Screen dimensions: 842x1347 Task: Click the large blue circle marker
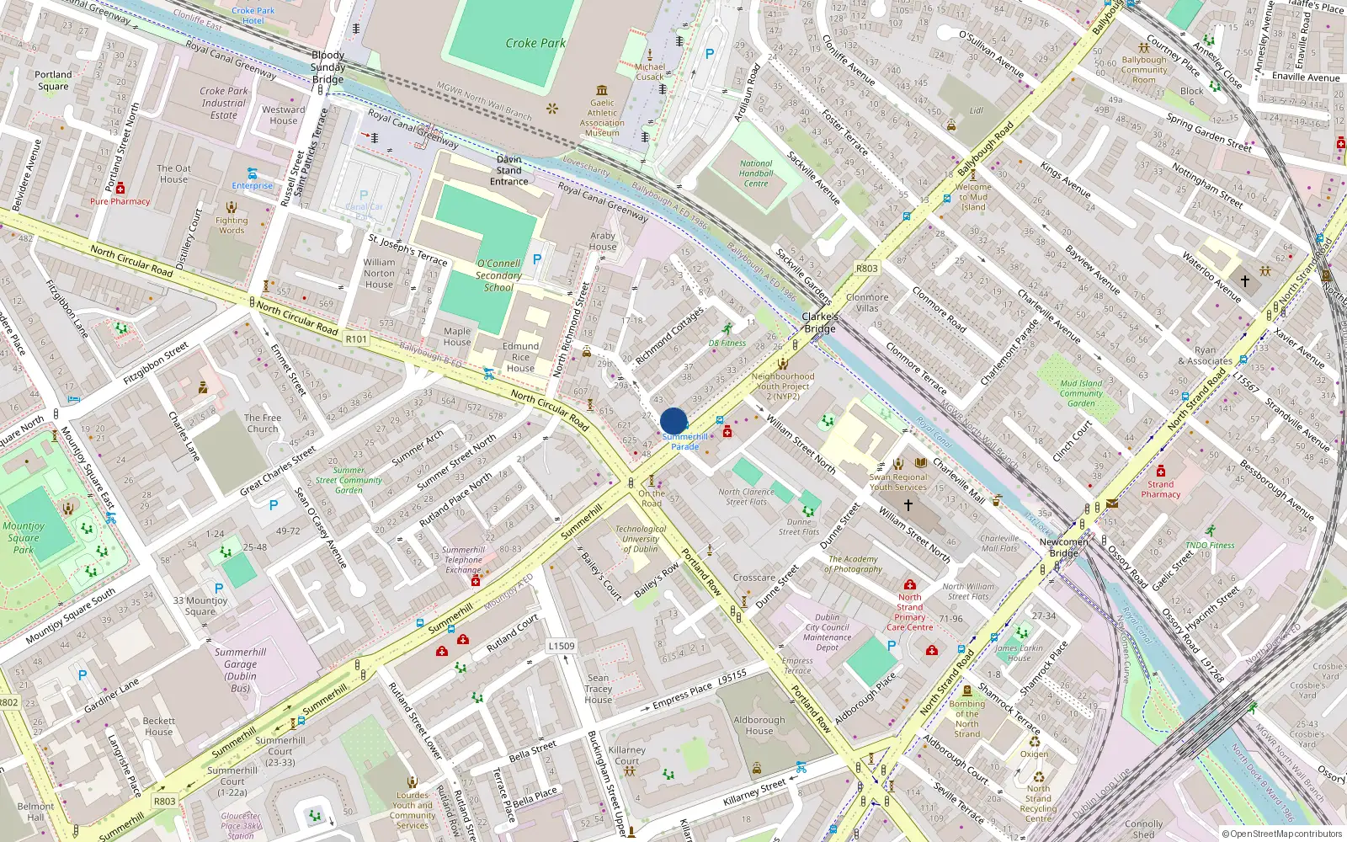click(673, 421)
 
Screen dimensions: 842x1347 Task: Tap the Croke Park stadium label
click(535, 43)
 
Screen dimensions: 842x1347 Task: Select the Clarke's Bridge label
click(819, 322)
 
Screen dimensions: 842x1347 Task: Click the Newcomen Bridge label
click(1063, 547)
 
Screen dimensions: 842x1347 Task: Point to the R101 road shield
click(356, 339)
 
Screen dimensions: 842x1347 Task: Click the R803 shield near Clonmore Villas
click(866, 269)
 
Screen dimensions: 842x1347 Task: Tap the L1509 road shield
click(562, 647)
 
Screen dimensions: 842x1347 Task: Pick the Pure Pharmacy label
click(120, 201)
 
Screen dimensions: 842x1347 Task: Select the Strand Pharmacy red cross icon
click(1161, 471)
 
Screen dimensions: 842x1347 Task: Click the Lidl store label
click(976, 110)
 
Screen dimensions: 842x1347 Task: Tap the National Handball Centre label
click(755, 173)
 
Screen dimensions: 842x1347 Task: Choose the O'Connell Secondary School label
click(498, 275)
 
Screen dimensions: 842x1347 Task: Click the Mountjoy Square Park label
click(24, 538)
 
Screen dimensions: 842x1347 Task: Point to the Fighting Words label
click(232, 226)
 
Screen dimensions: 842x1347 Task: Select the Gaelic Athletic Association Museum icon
click(602, 90)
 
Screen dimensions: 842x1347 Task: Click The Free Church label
click(263, 423)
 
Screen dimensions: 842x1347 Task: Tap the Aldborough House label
click(759, 726)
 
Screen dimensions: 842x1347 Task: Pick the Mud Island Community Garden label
click(1081, 393)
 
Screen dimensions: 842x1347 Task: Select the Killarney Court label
click(627, 755)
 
